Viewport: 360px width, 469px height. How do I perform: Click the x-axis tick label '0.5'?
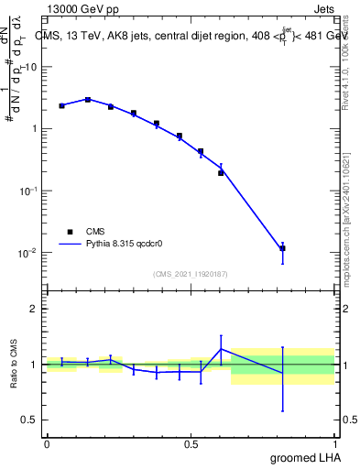tap(191, 443)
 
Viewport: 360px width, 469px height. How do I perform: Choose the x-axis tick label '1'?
tap(336, 443)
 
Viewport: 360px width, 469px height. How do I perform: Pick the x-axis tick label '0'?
tap(47, 443)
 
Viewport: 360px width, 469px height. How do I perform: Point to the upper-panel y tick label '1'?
tap(34, 129)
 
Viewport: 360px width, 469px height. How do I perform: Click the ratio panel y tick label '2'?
tap(34, 309)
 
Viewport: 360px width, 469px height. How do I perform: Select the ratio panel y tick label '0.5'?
tap(29, 420)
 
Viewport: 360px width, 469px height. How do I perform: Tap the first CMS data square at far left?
tap(61, 106)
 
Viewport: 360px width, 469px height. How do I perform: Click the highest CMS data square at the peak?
tap(88, 99)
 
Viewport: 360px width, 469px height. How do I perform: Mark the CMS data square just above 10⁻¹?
tap(221, 172)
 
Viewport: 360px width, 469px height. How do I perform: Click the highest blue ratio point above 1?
tap(221, 349)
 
